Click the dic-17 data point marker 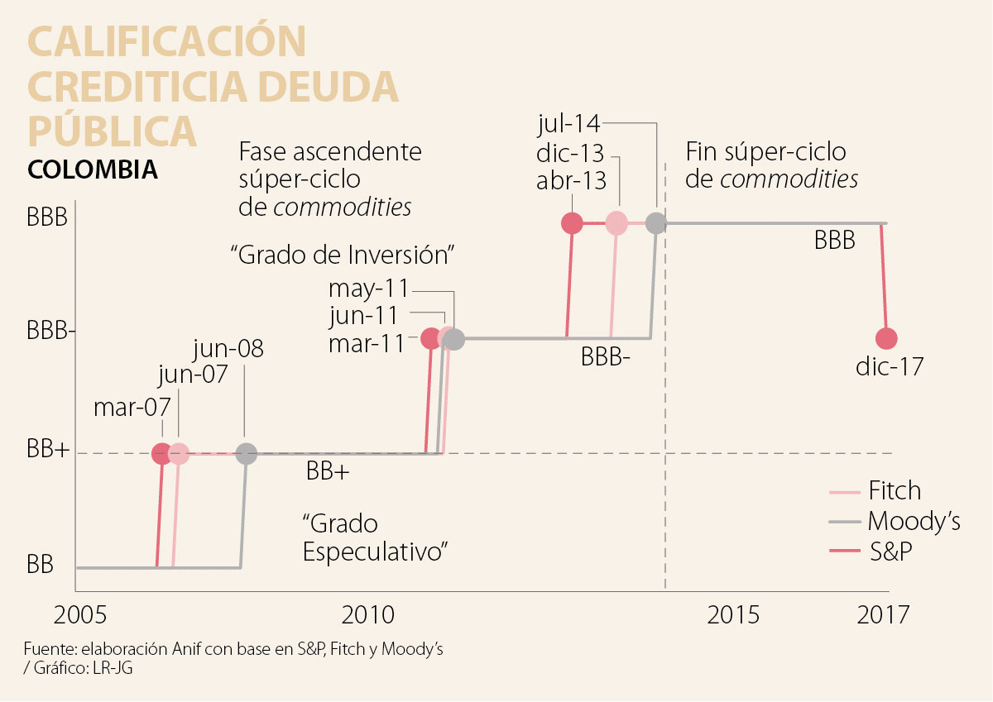click(886, 338)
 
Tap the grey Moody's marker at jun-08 click(246, 453)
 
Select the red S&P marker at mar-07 click(162, 453)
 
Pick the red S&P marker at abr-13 click(572, 223)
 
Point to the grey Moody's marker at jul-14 click(655, 223)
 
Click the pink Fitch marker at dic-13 click(616, 223)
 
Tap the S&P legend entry click(890, 552)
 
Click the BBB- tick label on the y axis click(51, 332)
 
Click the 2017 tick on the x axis click(883, 615)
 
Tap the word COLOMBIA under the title click(93, 170)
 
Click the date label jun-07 click(193, 377)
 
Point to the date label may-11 click(368, 289)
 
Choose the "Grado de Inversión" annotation click(343, 255)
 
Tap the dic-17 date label click(890, 366)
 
